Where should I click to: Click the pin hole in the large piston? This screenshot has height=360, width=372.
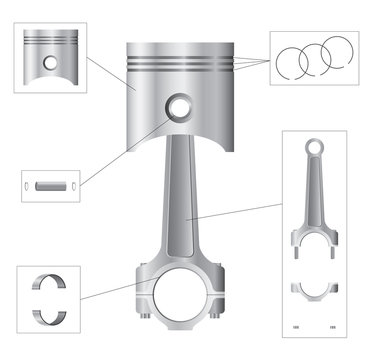180,107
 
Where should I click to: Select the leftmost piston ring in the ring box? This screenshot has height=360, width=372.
296,62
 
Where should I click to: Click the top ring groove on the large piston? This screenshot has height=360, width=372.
180,58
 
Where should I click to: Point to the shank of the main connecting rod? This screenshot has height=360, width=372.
181,200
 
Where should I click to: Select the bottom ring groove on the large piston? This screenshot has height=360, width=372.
180,72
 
